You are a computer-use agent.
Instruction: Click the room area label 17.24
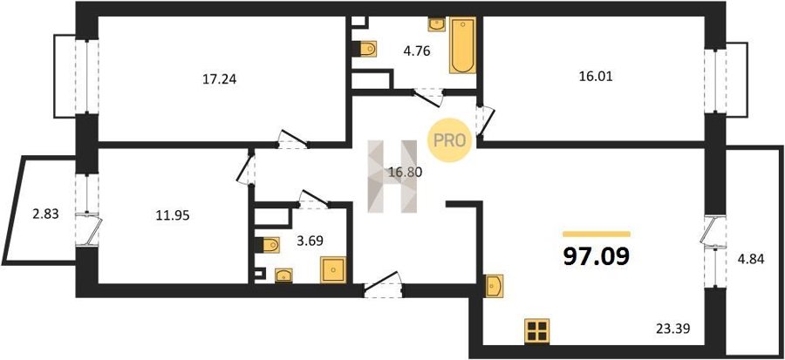(219, 78)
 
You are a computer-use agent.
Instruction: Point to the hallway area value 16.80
(405, 172)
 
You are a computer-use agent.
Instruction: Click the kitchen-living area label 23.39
(673, 329)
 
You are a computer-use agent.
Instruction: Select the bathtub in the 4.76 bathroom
(462, 46)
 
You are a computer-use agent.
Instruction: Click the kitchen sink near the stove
(494, 285)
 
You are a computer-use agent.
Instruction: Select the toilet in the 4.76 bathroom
(369, 49)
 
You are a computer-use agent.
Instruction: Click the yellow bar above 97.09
(597, 234)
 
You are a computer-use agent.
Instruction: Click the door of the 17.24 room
(291, 139)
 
